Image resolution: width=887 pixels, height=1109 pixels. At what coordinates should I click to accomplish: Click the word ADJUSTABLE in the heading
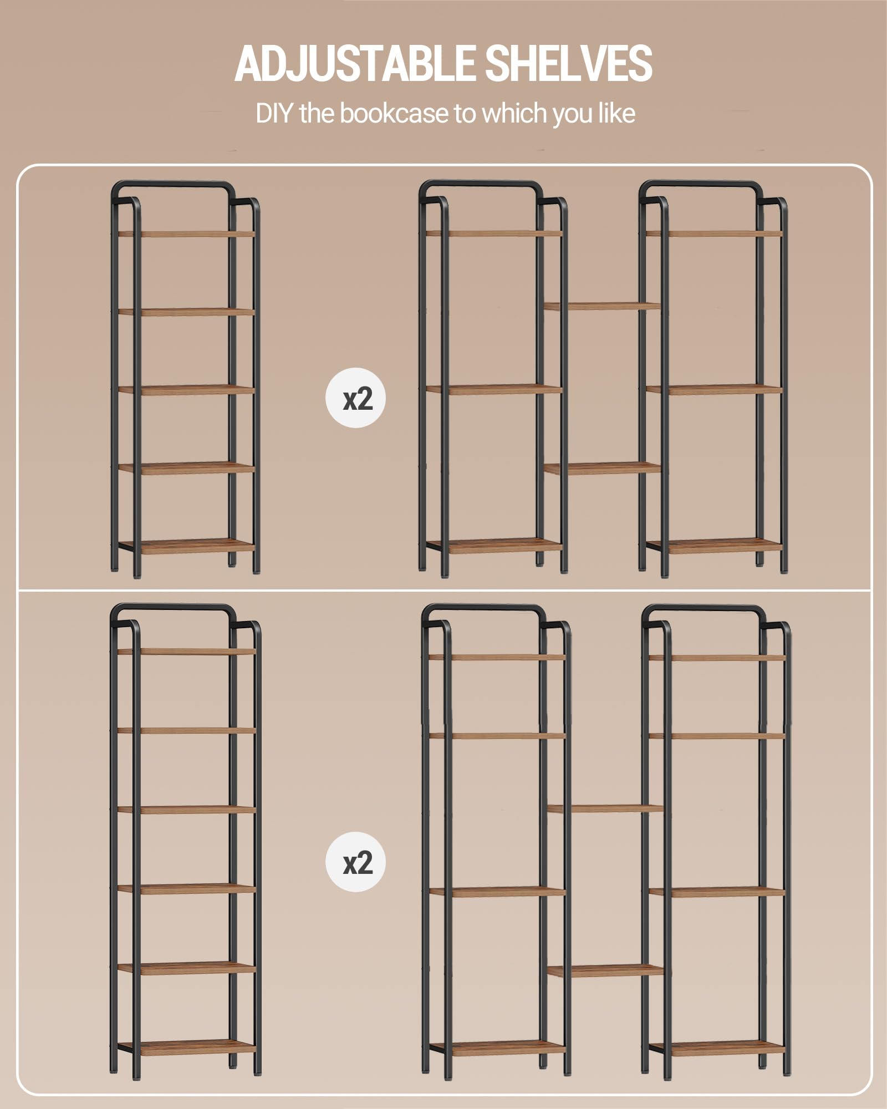coord(355,63)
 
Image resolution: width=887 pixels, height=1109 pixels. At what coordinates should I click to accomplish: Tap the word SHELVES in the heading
coord(569,63)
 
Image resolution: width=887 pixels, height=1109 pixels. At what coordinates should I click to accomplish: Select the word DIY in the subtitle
coord(274,114)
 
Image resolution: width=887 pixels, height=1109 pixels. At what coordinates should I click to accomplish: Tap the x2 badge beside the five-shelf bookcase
coord(355,398)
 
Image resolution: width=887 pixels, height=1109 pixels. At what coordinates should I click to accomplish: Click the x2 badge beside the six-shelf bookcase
coord(355,862)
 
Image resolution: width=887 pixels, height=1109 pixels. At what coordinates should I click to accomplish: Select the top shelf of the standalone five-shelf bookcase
coord(186,234)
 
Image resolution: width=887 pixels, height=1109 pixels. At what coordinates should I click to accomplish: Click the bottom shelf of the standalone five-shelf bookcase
coord(186,546)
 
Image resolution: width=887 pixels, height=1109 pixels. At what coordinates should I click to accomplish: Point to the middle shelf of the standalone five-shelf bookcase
coord(186,389)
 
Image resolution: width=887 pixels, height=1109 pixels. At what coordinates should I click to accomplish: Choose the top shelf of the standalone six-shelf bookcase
coord(187,652)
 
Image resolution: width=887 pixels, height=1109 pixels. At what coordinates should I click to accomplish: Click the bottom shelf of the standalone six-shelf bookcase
coord(187,1047)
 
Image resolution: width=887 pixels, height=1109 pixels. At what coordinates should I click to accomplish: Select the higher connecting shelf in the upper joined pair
coord(603,306)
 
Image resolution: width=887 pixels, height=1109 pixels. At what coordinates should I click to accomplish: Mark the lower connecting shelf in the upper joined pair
coord(603,468)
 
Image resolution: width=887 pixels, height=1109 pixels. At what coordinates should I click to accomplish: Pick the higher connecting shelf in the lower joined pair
coord(605,809)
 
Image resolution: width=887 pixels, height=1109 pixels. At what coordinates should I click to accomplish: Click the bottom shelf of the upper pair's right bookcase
coord(715,546)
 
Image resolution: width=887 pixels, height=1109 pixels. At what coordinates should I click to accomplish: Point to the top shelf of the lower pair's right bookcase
coord(717,658)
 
